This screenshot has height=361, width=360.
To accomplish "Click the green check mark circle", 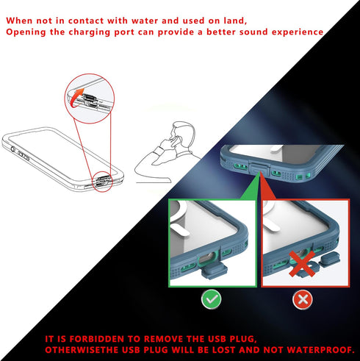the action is [211, 299].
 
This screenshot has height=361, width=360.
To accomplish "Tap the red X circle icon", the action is [303, 299].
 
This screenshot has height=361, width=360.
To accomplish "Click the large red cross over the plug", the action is [302, 264].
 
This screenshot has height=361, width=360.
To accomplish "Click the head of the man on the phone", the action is [183, 134].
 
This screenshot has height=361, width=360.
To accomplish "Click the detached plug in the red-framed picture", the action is [330, 259].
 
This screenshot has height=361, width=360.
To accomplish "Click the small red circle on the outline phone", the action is [102, 182].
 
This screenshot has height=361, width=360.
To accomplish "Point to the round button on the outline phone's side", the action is [12, 149].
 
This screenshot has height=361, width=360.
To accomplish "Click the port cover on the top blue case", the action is [259, 168].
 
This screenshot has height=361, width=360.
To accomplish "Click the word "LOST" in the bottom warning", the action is [225, 350].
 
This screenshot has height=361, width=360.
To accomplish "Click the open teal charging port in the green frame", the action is [207, 259].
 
